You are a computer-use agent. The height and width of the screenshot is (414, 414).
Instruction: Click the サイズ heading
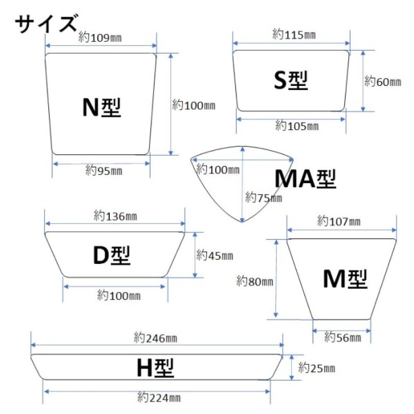point(47,24)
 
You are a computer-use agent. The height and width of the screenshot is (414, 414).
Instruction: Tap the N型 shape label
point(101,108)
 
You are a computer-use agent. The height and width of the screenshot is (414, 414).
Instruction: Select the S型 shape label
point(291,80)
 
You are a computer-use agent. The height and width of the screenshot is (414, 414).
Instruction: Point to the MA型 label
point(305,179)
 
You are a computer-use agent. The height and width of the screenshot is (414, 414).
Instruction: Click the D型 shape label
point(112,255)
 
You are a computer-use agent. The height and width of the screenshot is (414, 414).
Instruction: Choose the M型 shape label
point(345,279)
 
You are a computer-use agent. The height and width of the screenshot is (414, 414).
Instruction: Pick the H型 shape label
point(155,368)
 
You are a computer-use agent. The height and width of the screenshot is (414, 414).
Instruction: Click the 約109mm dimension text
point(100,37)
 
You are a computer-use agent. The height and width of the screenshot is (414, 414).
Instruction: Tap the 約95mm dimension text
point(104,170)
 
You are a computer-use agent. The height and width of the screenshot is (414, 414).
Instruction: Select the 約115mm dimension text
point(294,34)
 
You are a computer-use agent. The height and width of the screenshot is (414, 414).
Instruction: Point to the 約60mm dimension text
point(383,82)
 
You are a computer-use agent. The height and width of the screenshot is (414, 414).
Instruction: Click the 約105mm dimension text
point(297,126)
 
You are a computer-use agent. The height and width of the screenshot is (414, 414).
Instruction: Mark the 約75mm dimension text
point(263,198)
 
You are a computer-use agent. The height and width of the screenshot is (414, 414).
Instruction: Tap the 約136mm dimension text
point(115,216)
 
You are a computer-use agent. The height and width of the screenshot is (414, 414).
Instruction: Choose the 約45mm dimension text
point(215,255)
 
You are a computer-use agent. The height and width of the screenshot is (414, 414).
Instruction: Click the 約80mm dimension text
point(255,281)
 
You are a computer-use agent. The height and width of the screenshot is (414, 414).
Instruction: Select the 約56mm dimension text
point(343,337)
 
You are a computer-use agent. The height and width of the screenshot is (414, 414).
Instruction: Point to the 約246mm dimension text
point(156,338)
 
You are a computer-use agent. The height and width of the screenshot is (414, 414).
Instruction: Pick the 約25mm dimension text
point(317,368)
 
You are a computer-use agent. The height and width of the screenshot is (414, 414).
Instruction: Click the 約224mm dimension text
point(159,397)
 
